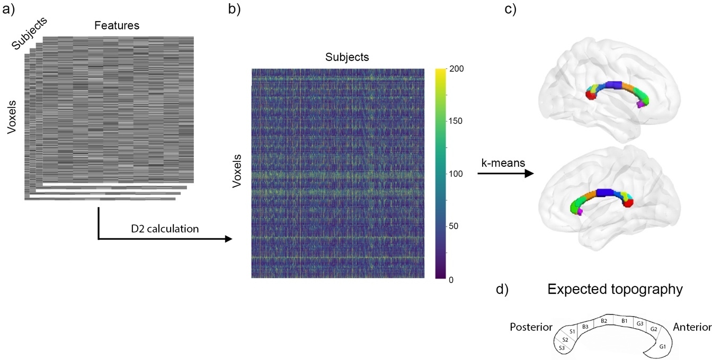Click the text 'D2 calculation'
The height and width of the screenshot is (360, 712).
(165, 229)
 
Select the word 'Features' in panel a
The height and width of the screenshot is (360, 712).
(113, 24)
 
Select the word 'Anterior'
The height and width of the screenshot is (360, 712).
(691, 327)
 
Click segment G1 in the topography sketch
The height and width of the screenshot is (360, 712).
(662, 346)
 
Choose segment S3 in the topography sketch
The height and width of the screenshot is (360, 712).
(562, 348)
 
